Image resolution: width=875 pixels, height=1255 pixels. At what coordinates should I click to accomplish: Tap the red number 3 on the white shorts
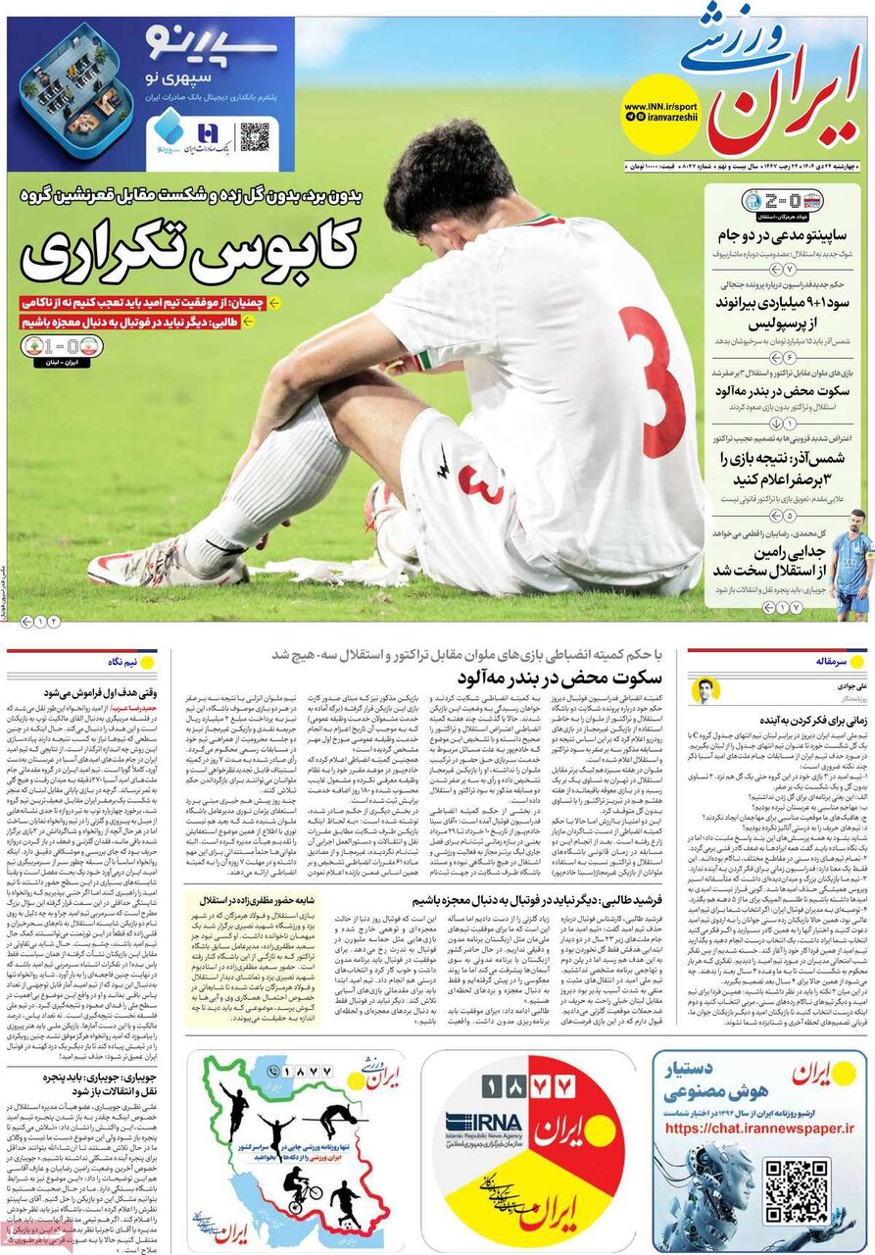coord(481,483)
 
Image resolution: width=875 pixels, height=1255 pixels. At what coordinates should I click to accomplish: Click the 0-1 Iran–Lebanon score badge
coord(61,347)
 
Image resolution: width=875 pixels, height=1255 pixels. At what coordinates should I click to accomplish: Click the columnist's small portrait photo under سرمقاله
coord(705,690)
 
